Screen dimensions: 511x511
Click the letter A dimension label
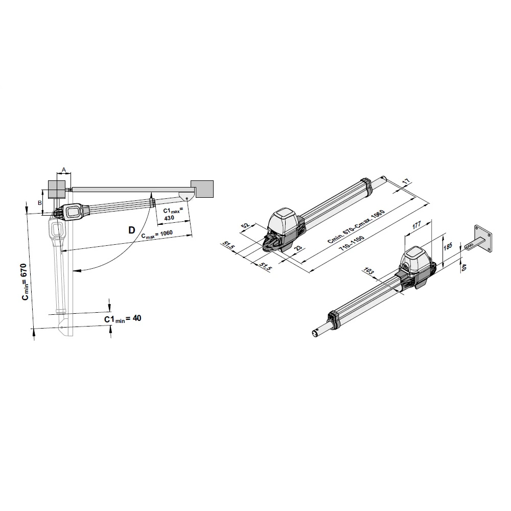click(x=64, y=170)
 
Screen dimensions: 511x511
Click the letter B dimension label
click(x=40, y=203)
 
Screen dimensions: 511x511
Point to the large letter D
click(x=132, y=230)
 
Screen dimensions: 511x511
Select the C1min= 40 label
click(x=123, y=318)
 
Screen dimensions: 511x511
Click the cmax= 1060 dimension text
click(x=157, y=235)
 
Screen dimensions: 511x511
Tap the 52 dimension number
click(x=245, y=225)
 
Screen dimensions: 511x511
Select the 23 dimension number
click(x=298, y=248)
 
